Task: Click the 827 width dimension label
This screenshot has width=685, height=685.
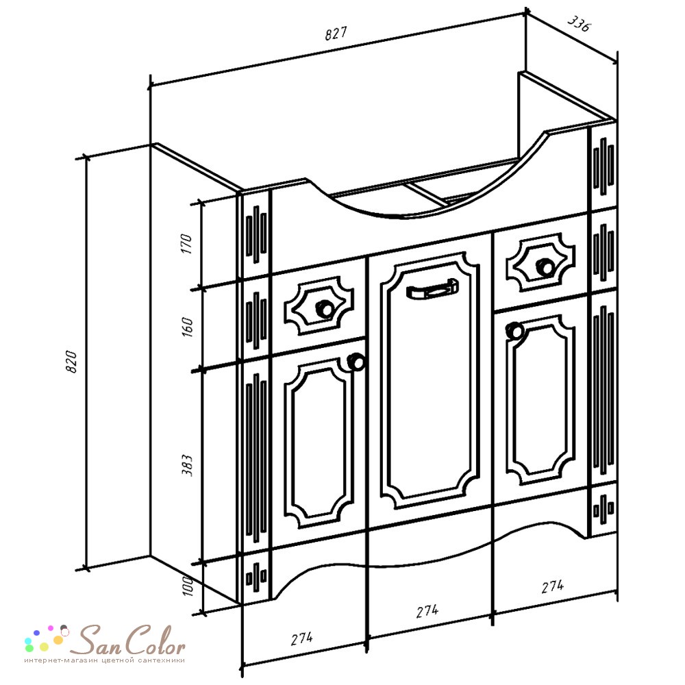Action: (x=336, y=33)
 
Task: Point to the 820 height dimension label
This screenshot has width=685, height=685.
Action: (x=71, y=361)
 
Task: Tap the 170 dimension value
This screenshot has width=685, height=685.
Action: (x=186, y=244)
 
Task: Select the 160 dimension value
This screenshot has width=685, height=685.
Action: (x=186, y=326)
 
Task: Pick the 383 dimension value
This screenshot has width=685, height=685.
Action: (x=186, y=465)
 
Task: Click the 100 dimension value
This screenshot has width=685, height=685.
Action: (x=188, y=586)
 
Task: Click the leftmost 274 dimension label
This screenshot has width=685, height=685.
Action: (x=302, y=638)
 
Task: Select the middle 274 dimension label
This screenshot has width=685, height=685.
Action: (x=427, y=611)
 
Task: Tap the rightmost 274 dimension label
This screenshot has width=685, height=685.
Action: (x=553, y=586)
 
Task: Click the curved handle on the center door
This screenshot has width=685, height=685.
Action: (x=432, y=289)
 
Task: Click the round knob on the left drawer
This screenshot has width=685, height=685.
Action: (x=324, y=308)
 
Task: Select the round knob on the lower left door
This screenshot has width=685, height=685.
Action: (x=356, y=362)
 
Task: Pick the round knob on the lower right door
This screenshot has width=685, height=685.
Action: (x=514, y=330)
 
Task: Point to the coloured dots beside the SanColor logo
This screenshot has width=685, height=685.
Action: (x=47, y=638)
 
